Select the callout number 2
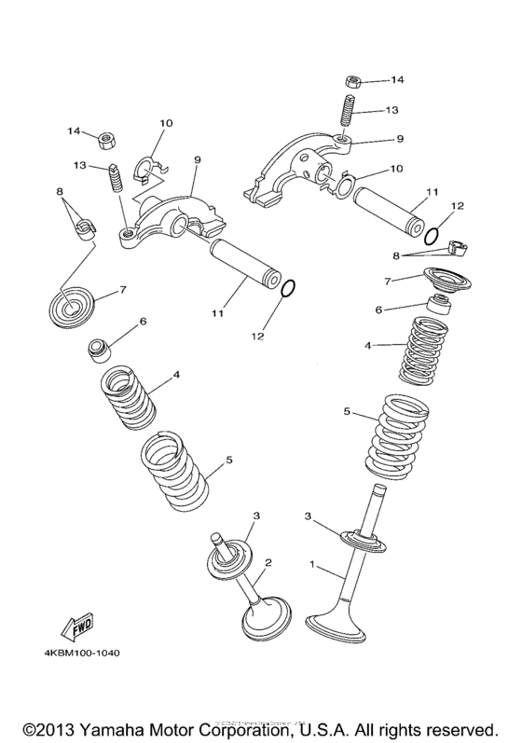pos(268,562)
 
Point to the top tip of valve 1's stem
pos(379,489)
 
